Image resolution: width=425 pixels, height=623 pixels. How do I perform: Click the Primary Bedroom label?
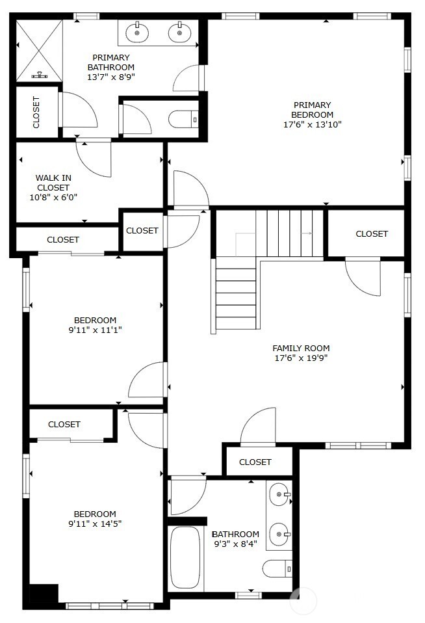(312, 110)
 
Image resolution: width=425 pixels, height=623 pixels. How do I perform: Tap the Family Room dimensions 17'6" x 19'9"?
(301, 358)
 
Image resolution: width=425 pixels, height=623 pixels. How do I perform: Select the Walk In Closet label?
(53, 183)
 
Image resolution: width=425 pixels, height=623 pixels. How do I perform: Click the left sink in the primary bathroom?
(137, 33)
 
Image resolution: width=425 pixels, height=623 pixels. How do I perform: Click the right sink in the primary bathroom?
(179, 33)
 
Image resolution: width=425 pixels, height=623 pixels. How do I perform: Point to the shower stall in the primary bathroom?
(39, 51)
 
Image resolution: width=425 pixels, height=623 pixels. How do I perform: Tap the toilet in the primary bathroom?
(183, 119)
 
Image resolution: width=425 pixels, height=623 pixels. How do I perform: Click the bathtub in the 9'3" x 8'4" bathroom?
(185, 557)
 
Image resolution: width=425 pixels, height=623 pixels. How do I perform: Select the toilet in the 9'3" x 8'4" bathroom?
(277, 569)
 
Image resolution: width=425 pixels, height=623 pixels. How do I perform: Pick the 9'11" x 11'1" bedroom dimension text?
(95, 330)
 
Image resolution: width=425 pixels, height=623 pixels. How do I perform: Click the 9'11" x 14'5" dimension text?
(95, 524)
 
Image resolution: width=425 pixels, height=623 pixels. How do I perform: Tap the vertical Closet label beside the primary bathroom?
(36, 113)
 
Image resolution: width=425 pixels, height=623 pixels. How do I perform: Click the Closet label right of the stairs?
(372, 233)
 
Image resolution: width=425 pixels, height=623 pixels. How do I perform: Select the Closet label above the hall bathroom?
(255, 462)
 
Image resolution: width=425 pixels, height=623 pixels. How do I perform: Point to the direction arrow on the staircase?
(307, 233)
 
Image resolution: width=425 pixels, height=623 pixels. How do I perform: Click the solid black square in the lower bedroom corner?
(44, 594)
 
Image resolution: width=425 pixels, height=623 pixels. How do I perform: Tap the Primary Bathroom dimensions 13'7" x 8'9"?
(111, 77)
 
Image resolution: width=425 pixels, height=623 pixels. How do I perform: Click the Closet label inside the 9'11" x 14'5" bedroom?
(64, 425)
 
